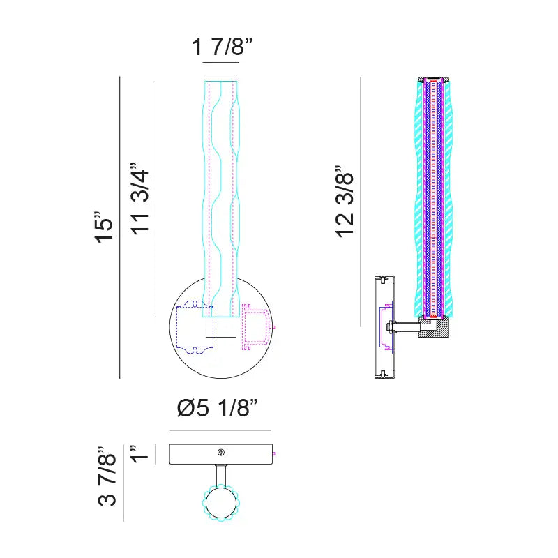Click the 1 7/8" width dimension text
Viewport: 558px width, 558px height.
[x=222, y=47]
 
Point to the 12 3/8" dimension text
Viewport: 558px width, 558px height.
[x=347, y=202]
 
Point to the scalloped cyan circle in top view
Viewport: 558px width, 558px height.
[x=222, y=502]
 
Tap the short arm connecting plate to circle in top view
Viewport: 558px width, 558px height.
[x=221, y=474]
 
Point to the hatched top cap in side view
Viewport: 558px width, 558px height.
[x=435, y=79]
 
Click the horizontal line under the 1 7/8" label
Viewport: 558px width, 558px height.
[x=222, y=63]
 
